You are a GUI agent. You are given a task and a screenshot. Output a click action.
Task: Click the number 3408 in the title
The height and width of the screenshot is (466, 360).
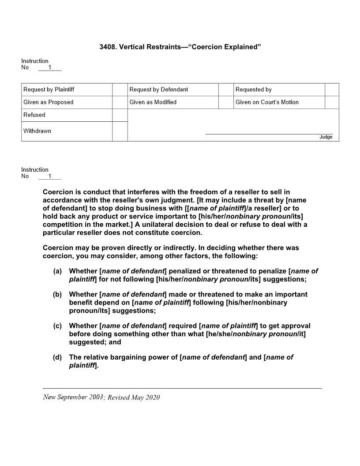click(x=108, y=47)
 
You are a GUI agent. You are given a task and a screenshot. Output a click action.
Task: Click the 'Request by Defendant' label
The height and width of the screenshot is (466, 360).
click(x=159, y=90)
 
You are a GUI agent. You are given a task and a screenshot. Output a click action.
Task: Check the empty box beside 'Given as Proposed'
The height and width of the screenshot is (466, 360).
click(x=120, y=102)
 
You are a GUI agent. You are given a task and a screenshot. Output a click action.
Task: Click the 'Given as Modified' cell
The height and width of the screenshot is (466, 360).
click(x=153, y=102)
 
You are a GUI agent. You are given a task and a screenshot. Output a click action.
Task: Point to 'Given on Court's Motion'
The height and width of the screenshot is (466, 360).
click(x=267, y=102)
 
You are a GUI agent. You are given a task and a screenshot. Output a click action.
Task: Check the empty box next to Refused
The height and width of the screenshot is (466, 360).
click(x=120, y=115)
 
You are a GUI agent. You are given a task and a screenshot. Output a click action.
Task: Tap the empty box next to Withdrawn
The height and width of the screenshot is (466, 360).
click(x=120, y=131)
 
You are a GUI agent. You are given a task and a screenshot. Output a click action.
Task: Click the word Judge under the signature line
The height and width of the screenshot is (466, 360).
click(x=326, y=137)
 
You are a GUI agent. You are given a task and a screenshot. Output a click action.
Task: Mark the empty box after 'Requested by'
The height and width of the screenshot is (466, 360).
click(x=332, y=90)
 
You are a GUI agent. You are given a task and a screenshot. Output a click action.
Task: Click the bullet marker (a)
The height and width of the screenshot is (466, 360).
click(x=57, y=271)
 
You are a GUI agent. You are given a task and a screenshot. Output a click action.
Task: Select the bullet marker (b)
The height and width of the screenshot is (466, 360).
click(x=57, y=294)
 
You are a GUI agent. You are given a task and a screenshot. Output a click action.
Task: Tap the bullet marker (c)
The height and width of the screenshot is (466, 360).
click(x=57, y=326)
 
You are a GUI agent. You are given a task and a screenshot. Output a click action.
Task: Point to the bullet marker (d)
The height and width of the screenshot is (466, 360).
click(x=57, y=357)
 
